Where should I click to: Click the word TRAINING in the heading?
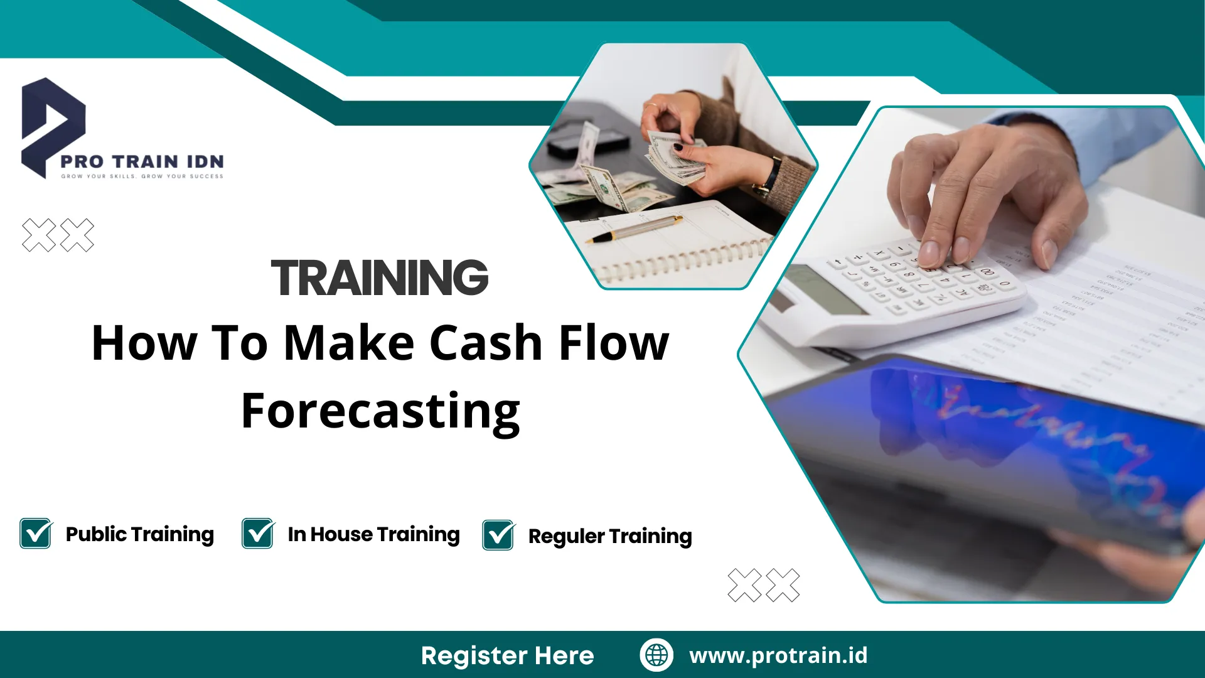pyautogui.click(x=380, y=277)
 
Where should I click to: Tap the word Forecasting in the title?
pyautogui.click(x=380, y=412)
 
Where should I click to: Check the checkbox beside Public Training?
pyautogui.click(x=36, y=534)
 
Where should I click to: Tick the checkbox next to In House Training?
pyautogui.click(x=258, y=534)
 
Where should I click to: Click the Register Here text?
pyautogui.click(x=507, y=655)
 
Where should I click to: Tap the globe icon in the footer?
pyautogui.click(x=656, y=655)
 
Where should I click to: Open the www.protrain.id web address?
pyautogui.click(x=778, y=655)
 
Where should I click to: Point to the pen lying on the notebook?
pyautogui.click(x=634, y=229)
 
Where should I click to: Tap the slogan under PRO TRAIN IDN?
pyautogui.click(x=142, y=176)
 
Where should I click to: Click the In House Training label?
pyautogui.click(x=374, y=534)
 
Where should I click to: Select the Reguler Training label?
pyautogui.click(x=610, y=537)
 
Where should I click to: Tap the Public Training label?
pyautogui.click(x=140, y=534)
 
